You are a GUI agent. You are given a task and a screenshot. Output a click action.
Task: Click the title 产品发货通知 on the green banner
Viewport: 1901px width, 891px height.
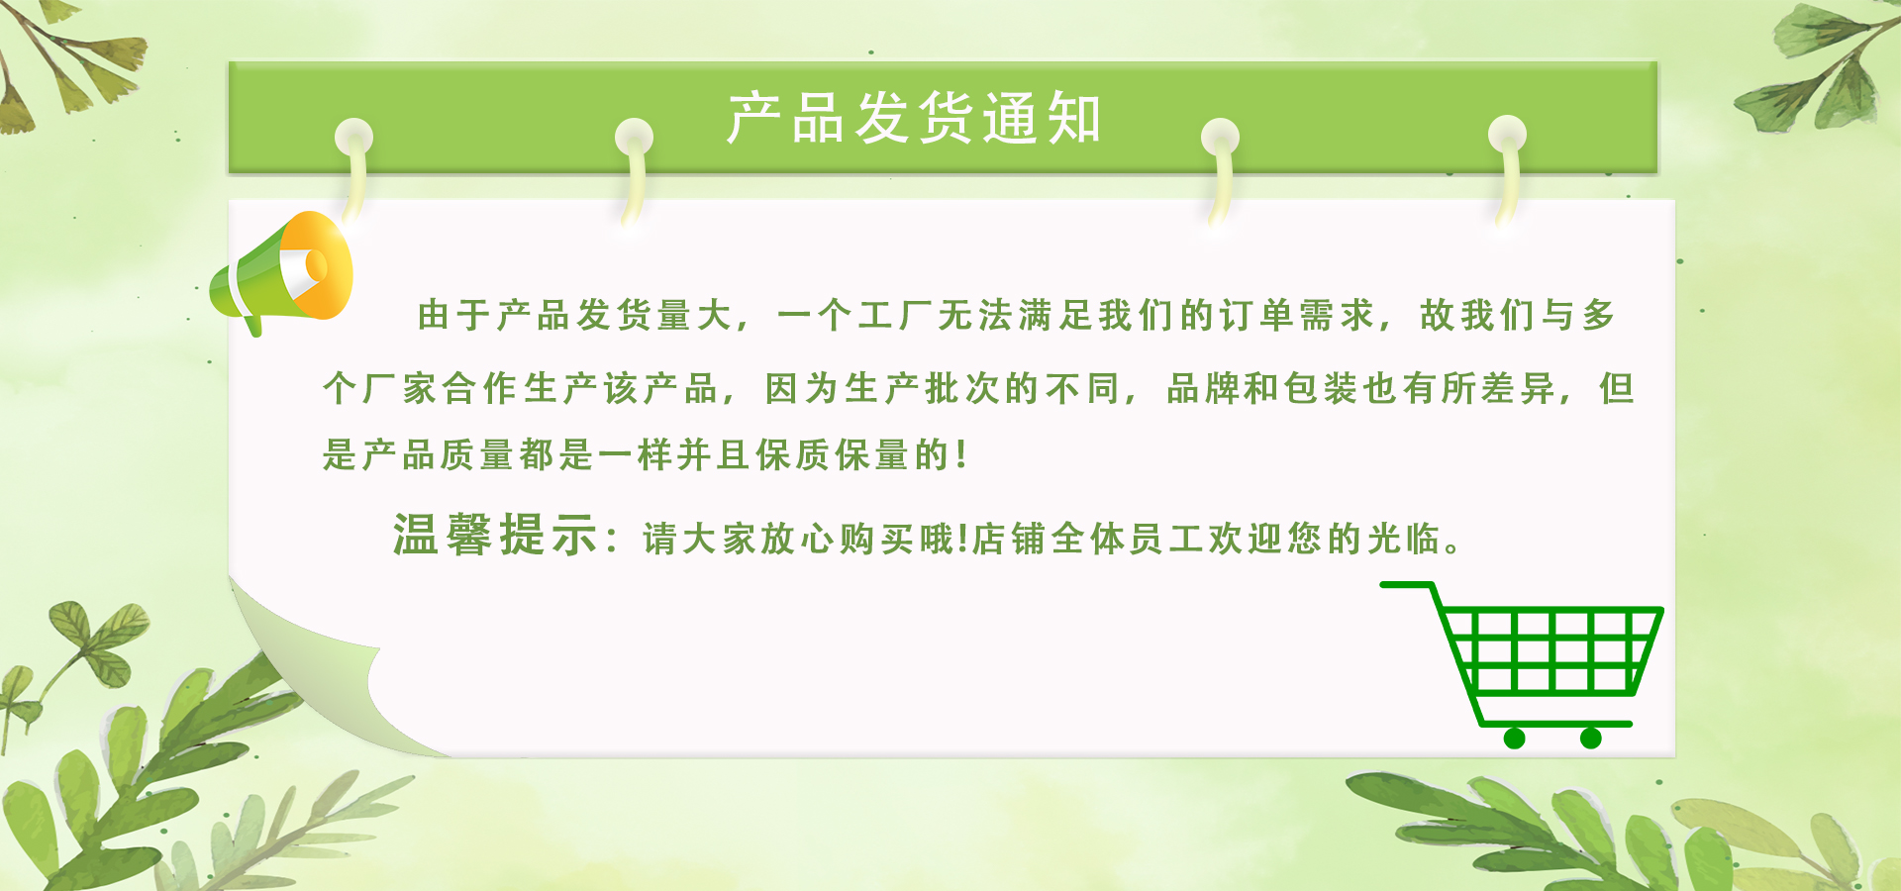[x=914, y=118]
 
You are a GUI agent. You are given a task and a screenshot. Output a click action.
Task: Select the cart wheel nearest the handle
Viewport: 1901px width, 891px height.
[x=1514, y=738]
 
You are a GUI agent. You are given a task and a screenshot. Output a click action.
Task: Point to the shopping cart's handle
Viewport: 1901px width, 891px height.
[x=1407, y=585]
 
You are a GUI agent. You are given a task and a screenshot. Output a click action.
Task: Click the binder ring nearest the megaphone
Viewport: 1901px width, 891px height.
[x=353, y=168]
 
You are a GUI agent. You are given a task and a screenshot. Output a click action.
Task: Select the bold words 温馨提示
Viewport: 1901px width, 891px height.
[x=495, y=536]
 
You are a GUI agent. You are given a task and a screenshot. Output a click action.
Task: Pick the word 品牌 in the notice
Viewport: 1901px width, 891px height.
[x=1204, y=389]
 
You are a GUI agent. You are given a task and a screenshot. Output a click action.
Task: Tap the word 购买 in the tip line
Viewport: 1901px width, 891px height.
[x=876, y=540]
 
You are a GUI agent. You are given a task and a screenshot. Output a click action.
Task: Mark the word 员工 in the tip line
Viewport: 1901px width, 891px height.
[x=1166, y=540]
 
